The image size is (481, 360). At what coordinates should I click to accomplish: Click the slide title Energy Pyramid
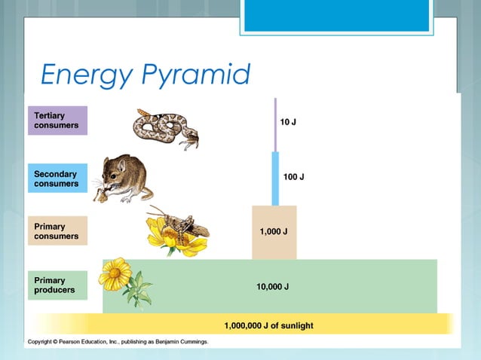click(145, 75)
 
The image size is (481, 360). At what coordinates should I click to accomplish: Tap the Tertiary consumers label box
click(58, 121)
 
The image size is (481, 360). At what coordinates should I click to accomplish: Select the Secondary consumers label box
click(58, 178)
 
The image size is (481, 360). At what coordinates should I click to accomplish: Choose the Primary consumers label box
click(58, 230)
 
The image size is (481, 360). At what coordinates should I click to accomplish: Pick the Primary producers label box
click(58, 285)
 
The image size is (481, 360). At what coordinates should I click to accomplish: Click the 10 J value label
click(288, 121)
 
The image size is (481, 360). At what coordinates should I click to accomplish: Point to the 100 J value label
click(293, 177)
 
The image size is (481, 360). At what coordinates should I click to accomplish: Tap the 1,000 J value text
click(274, 232)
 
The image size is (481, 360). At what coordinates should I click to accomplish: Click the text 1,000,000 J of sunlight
click(268, 325)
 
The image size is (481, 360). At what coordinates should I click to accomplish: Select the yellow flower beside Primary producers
click(115, 273)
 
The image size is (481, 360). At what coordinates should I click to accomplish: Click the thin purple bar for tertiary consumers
click(275, 124)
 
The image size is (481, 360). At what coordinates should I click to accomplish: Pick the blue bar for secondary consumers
click(275, 178)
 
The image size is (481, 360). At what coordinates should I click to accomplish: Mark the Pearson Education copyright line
click(118, 342)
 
